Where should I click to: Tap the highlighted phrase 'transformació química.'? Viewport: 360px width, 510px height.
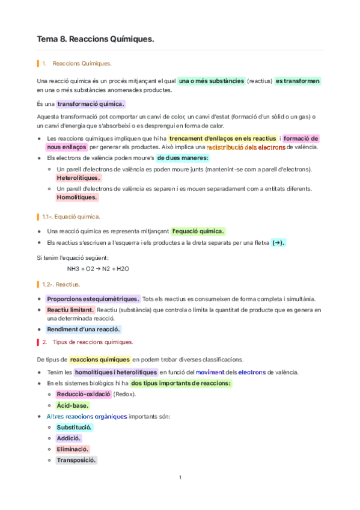pos(91,103)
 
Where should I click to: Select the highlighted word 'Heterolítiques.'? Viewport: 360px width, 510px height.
pos(78,178)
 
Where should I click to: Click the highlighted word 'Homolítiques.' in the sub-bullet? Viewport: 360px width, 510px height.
pos(77,197)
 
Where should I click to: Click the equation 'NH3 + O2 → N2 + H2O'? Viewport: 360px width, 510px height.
pos(98,268)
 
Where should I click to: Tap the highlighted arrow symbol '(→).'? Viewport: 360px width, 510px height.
pos(278,242)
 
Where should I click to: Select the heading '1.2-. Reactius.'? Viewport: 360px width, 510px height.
pos(61,284)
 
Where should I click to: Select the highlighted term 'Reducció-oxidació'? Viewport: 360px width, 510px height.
pos(84,394)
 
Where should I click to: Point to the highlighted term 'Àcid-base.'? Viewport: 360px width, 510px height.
pos(73,405)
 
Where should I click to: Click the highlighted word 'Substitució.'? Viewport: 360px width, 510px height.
pos(75,427)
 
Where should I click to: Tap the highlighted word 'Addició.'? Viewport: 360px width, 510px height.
pos(69,438)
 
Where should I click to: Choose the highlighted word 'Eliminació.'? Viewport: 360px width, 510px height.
pos(73,449)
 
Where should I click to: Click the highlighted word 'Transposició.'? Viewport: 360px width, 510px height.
pos(76,460)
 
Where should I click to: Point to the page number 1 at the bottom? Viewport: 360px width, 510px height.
pos(180,478)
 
